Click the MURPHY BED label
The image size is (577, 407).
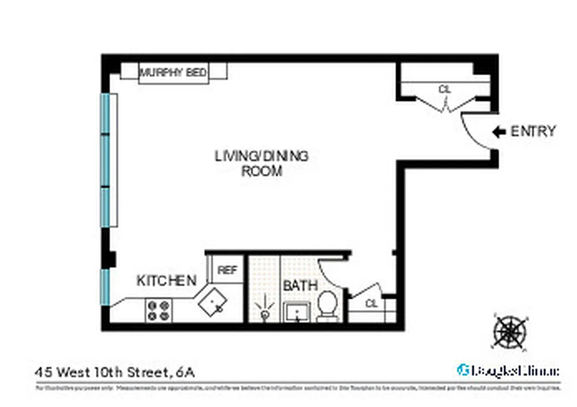click(x=173, y=72)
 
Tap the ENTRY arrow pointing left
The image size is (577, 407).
click(x=498, y=132)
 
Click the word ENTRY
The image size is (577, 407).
click(x=533, y=131)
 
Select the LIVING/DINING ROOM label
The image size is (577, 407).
click(x=261, y=163)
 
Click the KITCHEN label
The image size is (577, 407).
click(x=167, y=280)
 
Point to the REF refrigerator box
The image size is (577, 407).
click(x=228, y=270)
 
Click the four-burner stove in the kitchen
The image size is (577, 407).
click(x=159, y=310)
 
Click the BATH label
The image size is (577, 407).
click(x=300, y=285)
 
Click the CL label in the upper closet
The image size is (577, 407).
click(x=445, y=89)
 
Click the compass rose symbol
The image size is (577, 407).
click(x=509, y=331)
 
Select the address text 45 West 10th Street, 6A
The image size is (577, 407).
click(x=115, y=372)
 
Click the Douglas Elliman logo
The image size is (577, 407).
click(x=507, y=370)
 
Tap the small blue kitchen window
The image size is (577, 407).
click(x=105, y=286)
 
